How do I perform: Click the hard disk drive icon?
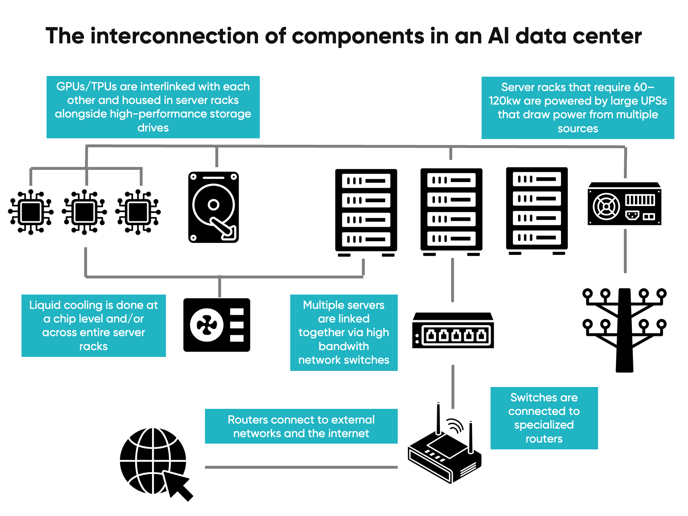click(x=214, y=207)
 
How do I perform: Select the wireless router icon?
click(x=445, y=451)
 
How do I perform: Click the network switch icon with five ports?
click(x=453, y=331)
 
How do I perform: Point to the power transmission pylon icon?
click(x=624, y=330)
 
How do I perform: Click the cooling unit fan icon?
click(x=216, y=325)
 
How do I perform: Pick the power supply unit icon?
click(x=624, y=204)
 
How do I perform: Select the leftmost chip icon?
click(x=31, y=212)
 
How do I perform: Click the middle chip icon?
click(x=84, y=212)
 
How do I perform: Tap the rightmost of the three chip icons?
click(x=138, y=212)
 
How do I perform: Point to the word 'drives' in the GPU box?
click(x=153, y=128)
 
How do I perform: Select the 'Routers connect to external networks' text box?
click(x=301, y=426)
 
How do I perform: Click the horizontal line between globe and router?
click(x=301, y=467)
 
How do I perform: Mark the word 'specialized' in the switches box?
click(x=544, y=425)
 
